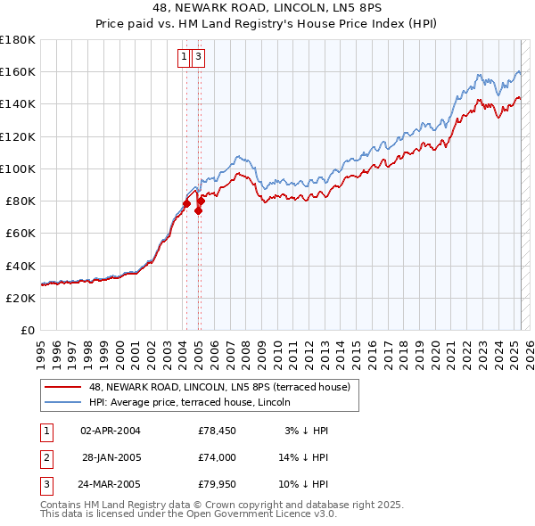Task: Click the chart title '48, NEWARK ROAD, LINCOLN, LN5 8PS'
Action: tap(267, 9)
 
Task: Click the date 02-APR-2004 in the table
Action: tap(111, 431)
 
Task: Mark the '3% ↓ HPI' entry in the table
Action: tap(307, 431)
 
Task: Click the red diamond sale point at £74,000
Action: tap(198, 210)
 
